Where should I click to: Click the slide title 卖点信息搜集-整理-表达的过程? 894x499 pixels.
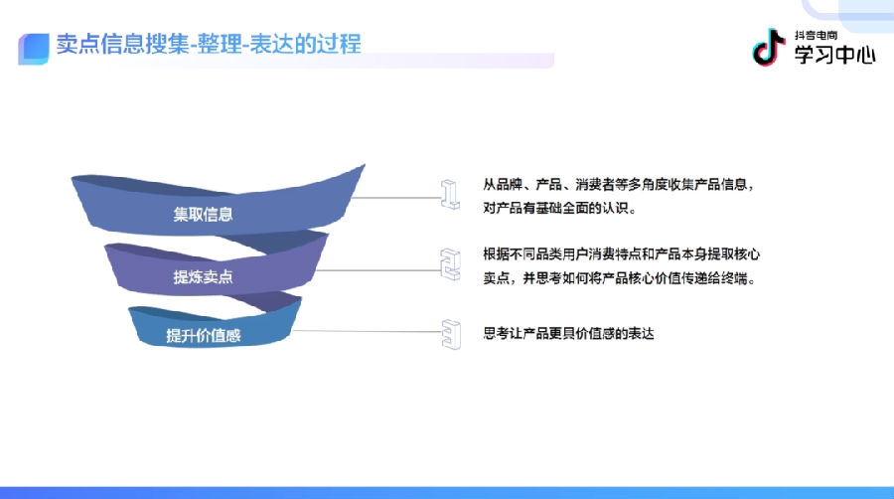[x=209, y=44]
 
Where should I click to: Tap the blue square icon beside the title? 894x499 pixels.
[x=34, y=49]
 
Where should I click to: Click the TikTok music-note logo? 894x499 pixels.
[x=769, y=47]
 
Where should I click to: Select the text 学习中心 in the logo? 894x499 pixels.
[x=834, y=55]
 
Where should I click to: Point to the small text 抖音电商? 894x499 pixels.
[x=816, y=36]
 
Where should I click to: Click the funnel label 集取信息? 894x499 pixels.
[x=203, y=215]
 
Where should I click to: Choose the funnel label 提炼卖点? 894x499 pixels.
[x=203, y=277]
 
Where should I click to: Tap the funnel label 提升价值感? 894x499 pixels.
[x=203, y=335]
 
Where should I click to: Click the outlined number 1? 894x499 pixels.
[x=450, y=195]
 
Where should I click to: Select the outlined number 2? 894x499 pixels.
[x=450, y=264]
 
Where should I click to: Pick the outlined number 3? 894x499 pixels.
[x=451, y=334]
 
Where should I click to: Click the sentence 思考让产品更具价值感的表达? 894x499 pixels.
[x=568, y=333]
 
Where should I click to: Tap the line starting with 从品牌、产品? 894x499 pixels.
[x=618, y=184]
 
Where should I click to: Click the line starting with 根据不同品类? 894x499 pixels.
[x=622, y=253]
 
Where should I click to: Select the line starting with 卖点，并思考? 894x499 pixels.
[x=619, y=278]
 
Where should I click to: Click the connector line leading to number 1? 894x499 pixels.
[x=396, y=198]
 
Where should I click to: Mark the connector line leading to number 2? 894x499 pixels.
[x=378, y=270]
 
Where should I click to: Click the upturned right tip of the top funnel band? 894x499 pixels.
[x=364, y=166]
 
